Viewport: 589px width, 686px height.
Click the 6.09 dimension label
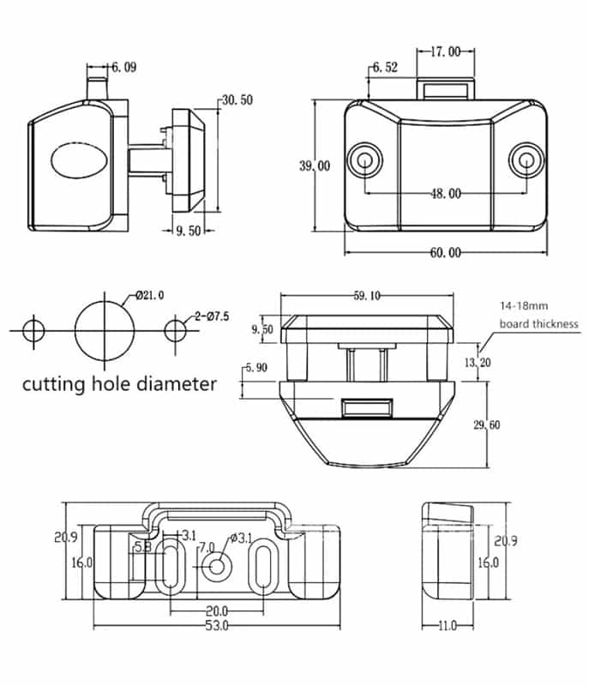(x=123, y=67)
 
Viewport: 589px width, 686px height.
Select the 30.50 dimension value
(x=237, y=100)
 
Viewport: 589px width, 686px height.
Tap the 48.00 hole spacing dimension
(x=445, y=194)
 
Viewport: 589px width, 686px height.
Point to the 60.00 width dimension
(x=445, y=252)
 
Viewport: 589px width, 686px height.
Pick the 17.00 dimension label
(x=444, y=52)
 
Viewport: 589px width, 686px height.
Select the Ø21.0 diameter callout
(x=149, y=296)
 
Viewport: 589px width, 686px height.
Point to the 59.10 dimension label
(x=367, y=297)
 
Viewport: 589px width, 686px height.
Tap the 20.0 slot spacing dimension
(x=217, y=611)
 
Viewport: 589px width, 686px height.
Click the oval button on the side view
(x=76, y=161)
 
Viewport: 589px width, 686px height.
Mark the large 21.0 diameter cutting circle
(x=105, y=328)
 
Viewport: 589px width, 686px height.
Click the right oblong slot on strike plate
(x=264, y=567)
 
